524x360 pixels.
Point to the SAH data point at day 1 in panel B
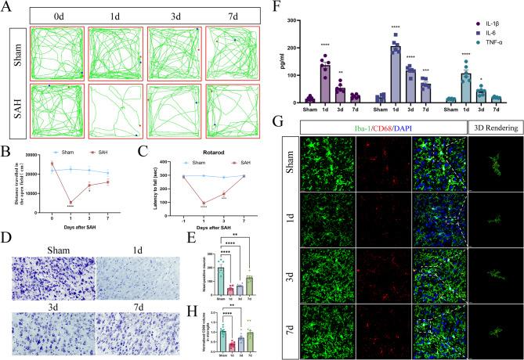70,203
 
